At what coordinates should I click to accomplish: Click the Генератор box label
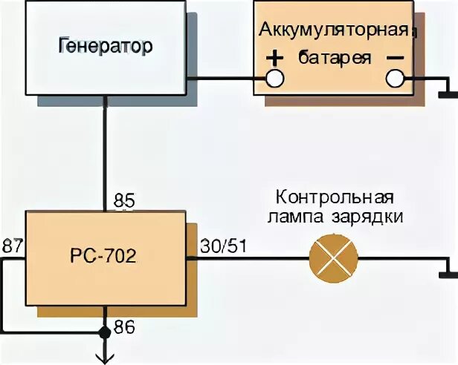click(104, 46)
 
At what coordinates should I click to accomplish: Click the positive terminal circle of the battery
click(275, 77)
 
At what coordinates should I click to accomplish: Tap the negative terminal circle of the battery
click(394, 77)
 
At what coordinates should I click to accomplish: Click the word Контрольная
click(334, 198)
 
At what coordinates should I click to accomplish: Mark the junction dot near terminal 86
click(105, 332)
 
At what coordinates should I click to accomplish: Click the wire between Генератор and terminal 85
click(105, 148)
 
